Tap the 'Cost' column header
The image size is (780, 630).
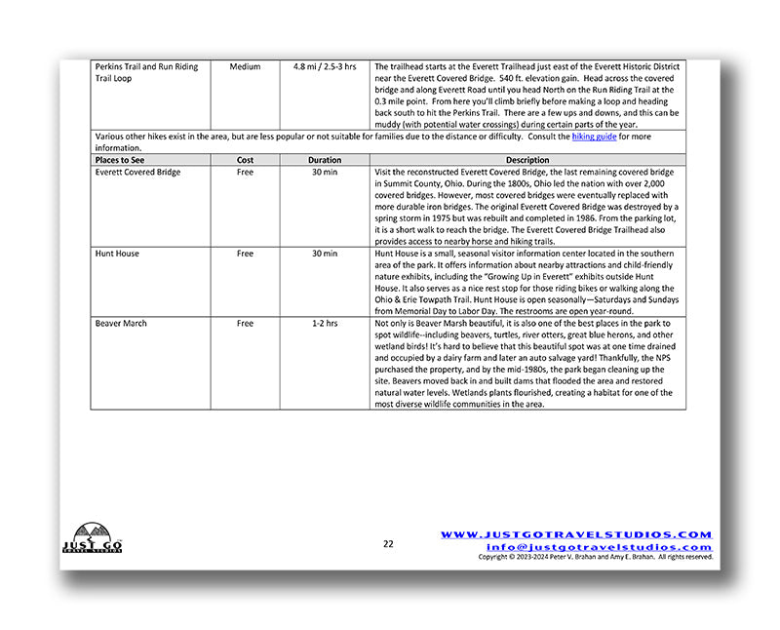(x=245, y=160)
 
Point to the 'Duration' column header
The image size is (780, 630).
(x=325, y=160)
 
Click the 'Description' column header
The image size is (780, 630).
(x=527, y=160)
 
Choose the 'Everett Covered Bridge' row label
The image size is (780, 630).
(x=137, y=173)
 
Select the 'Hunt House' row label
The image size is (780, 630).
(x=117, y=254)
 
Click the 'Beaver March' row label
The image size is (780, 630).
(x=122, y=323)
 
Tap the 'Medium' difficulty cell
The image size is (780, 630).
(x=245, y=67)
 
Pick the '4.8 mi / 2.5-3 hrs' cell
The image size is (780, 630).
(x=325, y=67)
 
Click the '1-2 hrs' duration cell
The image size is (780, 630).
(x=325, y=323)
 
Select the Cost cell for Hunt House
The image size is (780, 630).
(x=245, y=254)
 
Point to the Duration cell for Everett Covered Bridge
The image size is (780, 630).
(x=325, y=173)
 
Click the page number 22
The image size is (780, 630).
(x=388, y=544)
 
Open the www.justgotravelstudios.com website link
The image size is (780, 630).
(x=576, y=534)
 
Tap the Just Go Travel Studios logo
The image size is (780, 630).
(x=84, y=537)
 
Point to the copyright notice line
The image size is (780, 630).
(x=595, y=558)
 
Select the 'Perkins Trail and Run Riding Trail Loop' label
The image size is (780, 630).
(x=146, y=72)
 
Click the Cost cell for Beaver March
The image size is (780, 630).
(x=245, y=323)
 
